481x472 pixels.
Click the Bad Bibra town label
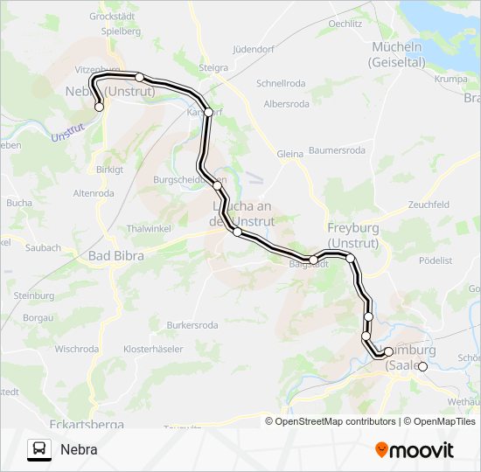116,256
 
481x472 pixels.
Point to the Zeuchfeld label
428,204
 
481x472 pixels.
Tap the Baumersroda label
337,150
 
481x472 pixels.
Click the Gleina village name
289,154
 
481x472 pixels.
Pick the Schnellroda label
279,84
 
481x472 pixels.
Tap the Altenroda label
94,193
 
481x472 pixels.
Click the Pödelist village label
436,260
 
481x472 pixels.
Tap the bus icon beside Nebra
38,449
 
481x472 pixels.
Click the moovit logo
415,450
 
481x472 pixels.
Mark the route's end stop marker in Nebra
99,107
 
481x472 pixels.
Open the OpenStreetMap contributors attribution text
331,421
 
